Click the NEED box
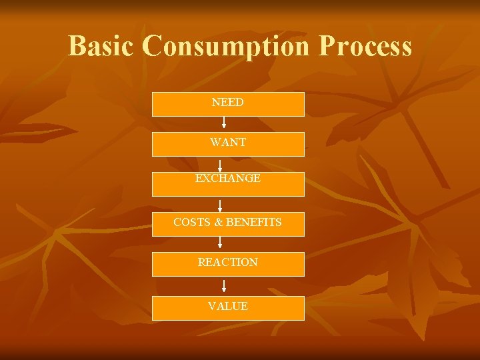point(228,104)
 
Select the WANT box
point(228,144)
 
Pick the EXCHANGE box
point(228,184)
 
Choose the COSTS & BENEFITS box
point(228,224)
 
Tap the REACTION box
point(228,264)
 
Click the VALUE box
point(228,308)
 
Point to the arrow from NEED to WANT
point(224,123)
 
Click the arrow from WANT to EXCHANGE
point(220,164)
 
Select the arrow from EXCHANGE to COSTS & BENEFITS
point(220,205)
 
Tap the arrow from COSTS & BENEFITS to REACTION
point(220,244)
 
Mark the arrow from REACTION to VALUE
point(224,286)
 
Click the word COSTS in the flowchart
point(192,222)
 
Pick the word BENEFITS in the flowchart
point(254,222)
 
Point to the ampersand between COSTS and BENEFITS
point(219,222)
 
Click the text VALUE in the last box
point(228,307)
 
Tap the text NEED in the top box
point(228,103)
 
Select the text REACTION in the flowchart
point(228,263)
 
